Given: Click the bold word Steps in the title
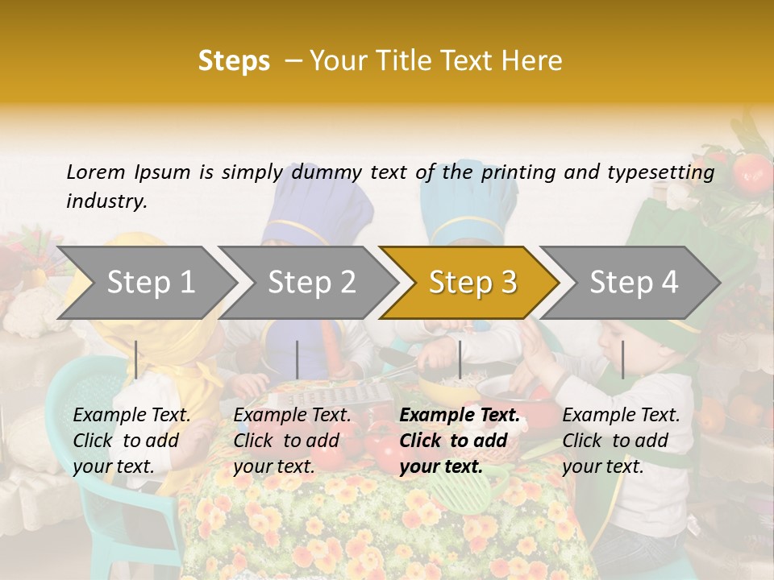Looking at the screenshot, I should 234,61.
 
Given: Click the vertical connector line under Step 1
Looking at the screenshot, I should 136,359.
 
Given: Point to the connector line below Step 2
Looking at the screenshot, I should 298,359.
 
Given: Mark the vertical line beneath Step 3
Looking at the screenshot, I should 460,359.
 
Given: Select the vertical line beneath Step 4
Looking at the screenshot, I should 622,359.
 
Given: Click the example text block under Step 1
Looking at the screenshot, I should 131,441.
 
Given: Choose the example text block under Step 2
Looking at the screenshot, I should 292,441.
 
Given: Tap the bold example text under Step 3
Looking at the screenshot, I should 460,441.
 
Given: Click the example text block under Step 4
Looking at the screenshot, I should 621,441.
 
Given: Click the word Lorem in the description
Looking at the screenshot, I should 96,172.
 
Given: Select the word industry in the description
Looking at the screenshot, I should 106,201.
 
